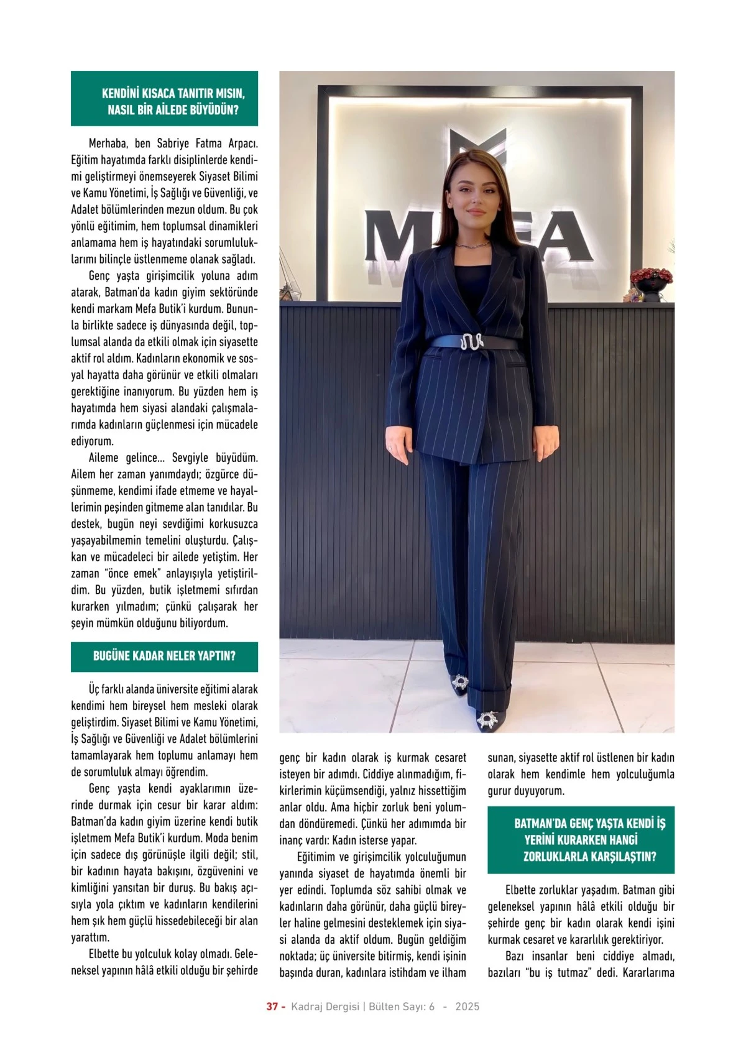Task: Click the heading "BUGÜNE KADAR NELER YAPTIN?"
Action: pyautogui.click(x=164, y=656)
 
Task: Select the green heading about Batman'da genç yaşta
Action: pyautogui.click(x=589, y=840)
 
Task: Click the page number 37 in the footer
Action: pyautogui.click(x=272, y=1007)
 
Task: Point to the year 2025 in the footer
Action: pyautogui.click(x=467, y=1007)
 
